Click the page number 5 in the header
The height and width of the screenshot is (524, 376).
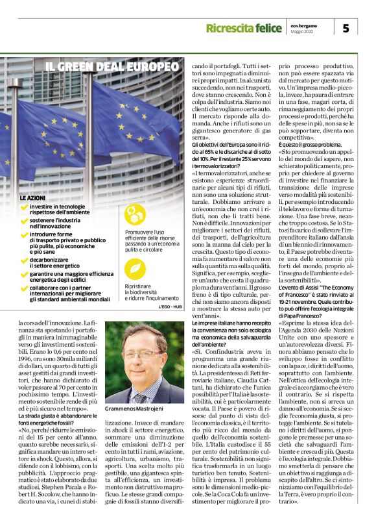click(346, 28)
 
